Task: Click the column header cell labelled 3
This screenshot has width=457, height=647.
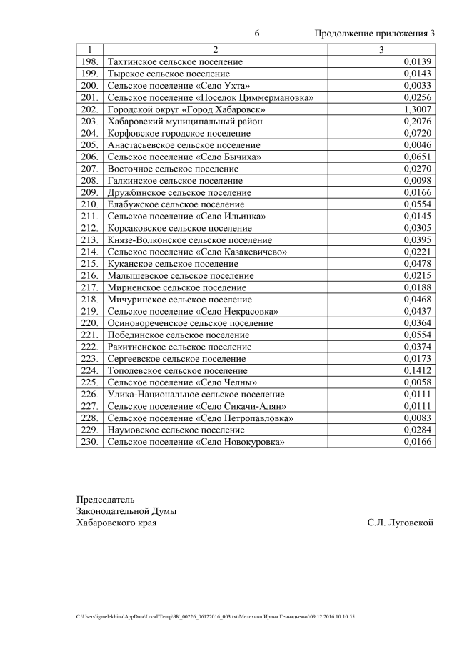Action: [x=381, y=50]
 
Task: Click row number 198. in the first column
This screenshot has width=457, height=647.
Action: [x=89, y=62]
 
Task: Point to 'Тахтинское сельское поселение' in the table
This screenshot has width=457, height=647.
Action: [x=175, y=62]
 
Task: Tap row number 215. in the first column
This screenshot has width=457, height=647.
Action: [x=89, y=264]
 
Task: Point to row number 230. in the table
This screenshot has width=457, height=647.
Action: [x=89, y=442]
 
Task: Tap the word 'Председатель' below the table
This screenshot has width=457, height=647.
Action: [x=105, y=499]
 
